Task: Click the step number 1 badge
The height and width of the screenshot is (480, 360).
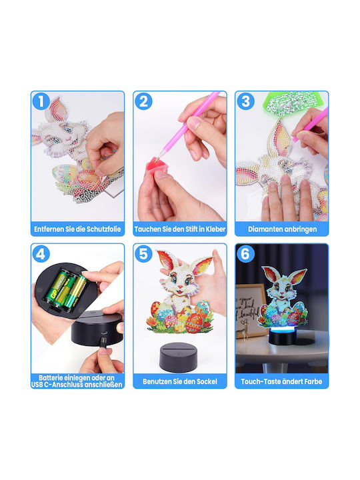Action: coord(41,101)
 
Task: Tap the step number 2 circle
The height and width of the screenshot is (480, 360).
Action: coord(143,101)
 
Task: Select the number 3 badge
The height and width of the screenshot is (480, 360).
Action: coord(245,101)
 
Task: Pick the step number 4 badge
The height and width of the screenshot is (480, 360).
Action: coord(41,254)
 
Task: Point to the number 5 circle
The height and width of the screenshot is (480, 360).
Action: coord(143,254)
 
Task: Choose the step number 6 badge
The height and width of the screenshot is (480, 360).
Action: coord(245,254)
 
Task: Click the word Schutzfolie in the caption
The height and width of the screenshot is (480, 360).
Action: coord(104,229)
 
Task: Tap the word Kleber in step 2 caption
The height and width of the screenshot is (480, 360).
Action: coord(215,229)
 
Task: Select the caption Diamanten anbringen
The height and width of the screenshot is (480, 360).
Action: coord(282,229)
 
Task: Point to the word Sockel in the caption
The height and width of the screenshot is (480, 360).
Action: coord(207,381)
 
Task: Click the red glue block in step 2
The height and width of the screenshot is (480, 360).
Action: coord(158,165)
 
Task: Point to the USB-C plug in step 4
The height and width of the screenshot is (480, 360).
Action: coord(103,342)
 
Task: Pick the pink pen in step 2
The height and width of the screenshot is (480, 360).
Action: coord(189,125)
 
